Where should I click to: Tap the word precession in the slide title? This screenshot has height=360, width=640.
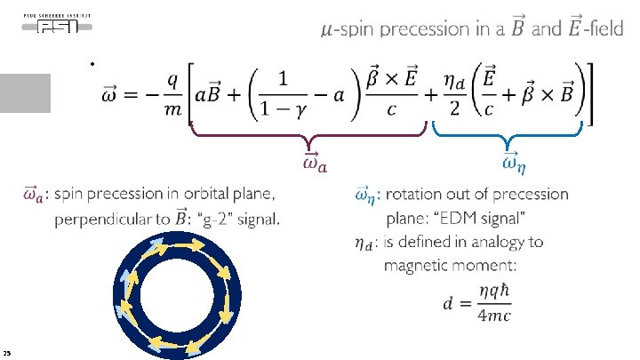(x=421, y=29)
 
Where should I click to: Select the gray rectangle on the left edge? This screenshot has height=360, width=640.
(x=25, y=92)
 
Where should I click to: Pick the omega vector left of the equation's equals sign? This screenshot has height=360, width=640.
(x=116, y=93)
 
